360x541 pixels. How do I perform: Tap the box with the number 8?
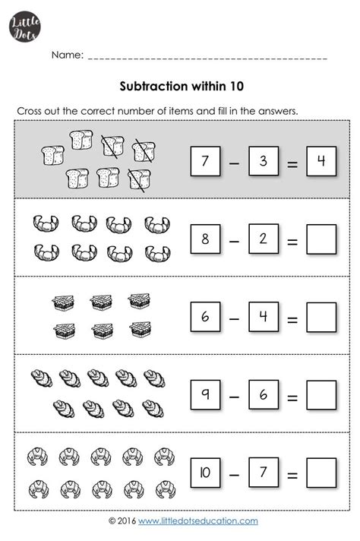tap(204, 239)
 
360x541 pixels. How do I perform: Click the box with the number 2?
tap(263, 239)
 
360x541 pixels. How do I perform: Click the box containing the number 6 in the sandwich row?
tap(204, 317)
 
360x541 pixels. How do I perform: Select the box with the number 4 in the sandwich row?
tap(263, 317)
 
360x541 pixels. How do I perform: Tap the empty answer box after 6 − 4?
tap(321, 318)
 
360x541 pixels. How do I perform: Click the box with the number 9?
tap(204, 395)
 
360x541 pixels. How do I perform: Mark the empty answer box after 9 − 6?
tap(321, 396)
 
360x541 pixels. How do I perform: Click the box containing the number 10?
tap(204, 473)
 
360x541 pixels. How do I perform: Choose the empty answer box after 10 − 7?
tap(321, 474)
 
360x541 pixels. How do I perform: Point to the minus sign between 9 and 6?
tap(234, 397)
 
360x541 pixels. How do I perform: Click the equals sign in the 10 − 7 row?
tap(292, 475)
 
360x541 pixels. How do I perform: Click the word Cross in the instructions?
tap(30, 111)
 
